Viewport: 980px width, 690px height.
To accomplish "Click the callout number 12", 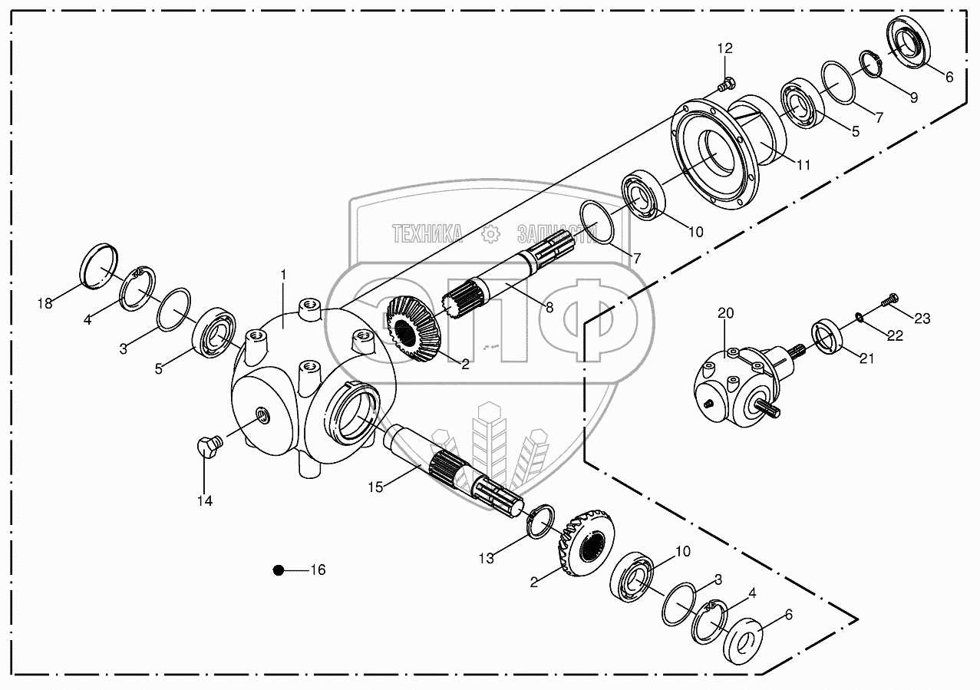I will pos(725,48).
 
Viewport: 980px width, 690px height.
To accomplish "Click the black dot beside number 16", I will pos(279,570).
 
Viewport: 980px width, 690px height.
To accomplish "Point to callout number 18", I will pos(45,303).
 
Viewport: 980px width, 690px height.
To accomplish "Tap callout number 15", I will pos(375,487).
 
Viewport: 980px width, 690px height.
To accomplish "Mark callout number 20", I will pos(725,312).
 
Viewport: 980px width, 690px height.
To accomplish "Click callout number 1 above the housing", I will pos(283,274).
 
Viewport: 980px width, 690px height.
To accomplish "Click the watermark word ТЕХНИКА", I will pos(426,233).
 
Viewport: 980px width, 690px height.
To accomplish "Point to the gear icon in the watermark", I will pos(490,235).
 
